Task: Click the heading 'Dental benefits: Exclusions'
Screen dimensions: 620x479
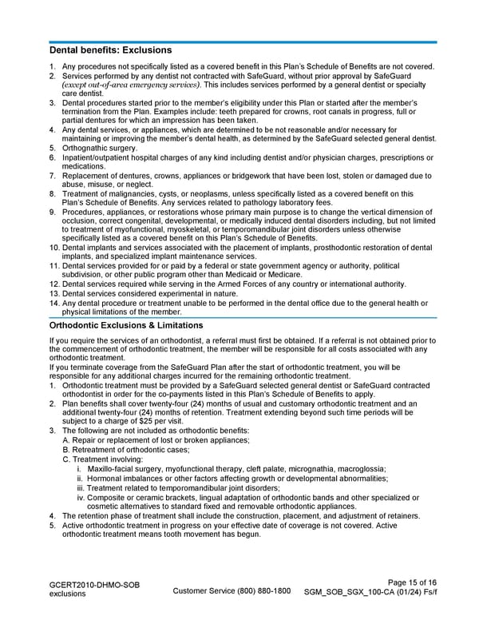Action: pos(111,50)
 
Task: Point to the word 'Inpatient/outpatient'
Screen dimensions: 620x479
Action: pos(99,157)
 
